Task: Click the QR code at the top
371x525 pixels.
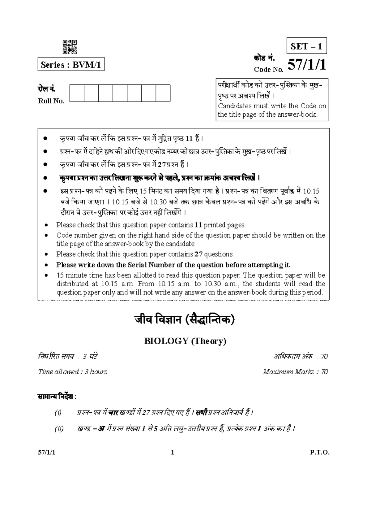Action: (70, 47)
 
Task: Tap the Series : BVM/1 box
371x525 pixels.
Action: (71, 65)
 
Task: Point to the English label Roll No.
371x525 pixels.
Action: (51, 101)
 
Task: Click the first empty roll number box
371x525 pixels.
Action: (77, 93)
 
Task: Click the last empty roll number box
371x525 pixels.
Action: (163, 93)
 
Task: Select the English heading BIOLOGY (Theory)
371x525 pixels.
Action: (185, 341)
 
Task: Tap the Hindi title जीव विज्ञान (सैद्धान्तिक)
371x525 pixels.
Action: (185, 320)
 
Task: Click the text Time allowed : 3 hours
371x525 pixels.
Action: (73, 372)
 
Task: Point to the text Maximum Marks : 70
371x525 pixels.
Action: (295, 372)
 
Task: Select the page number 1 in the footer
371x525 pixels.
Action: (173, 453)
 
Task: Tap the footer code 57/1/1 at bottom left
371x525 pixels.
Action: (46, 453)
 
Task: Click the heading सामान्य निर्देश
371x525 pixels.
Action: (57, 397)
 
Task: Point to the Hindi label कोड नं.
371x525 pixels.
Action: (262, 58)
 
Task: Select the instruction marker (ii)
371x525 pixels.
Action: (59, 429)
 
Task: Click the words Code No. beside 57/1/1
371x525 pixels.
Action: (269, 70)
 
